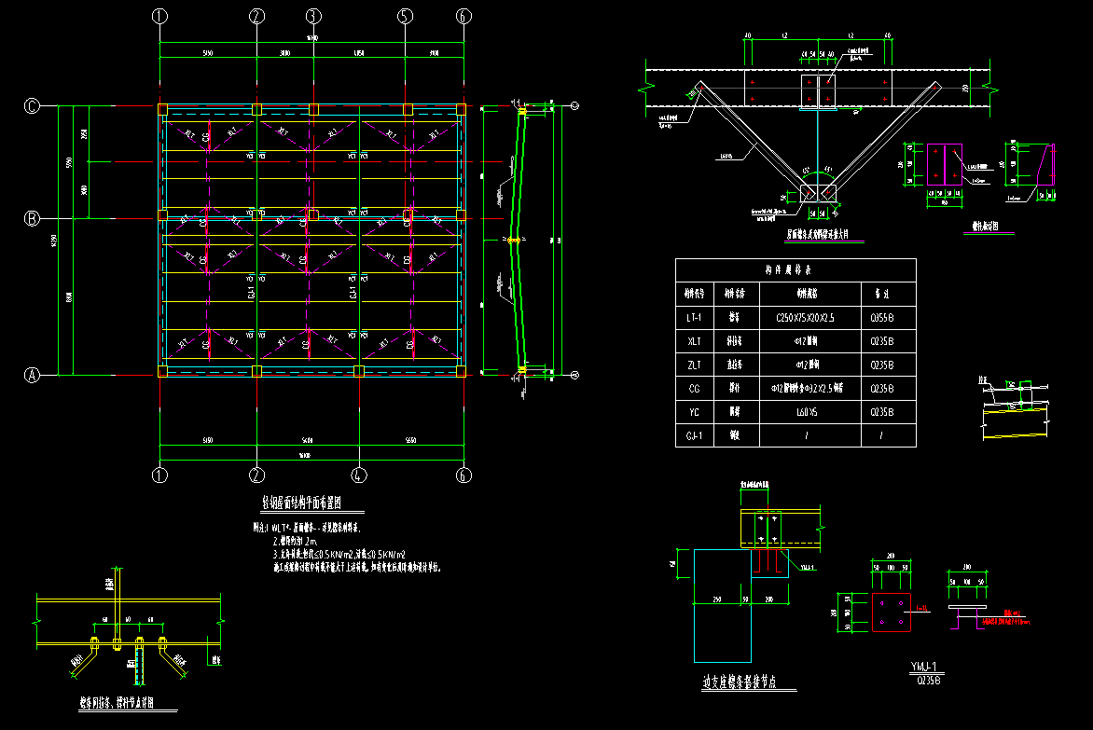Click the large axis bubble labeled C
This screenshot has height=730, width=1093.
point(33,106)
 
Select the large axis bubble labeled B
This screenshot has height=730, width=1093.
point(33,219)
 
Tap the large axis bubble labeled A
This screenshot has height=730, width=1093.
point(33,376)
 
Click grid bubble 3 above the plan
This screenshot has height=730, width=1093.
point(313,16)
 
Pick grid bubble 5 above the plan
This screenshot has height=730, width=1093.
point(406,16)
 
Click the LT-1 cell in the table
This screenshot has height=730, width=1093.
point(695,318)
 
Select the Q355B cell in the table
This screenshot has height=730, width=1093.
point(880,318)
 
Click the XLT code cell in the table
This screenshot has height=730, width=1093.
point(695,341)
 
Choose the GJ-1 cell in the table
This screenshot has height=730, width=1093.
point(695,434)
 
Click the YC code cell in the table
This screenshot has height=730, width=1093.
point(695,411)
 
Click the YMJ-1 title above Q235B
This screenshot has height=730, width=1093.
point(928,667)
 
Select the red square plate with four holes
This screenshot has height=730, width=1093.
point(891,612)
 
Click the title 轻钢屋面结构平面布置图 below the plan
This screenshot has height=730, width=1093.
point(312,503)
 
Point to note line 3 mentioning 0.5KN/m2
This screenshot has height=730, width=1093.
point(345,554)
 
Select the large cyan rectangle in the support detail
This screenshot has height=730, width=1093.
point(722,606)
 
